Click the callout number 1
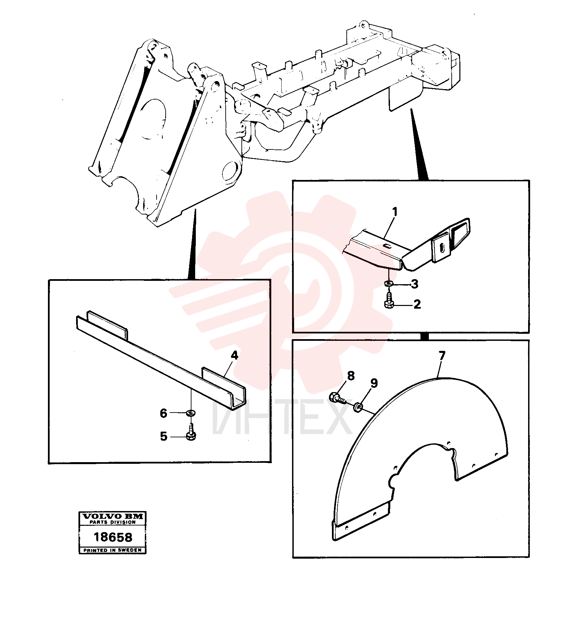point(395,212)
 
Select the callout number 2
point(417,304)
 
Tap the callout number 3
point(415,284)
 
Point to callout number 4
point(234,355)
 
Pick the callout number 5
point(164,436)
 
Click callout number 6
point(163,413)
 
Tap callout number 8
point(351,376)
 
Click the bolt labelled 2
point(389,300)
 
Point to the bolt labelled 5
point(191,431)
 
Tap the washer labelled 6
point(191,413)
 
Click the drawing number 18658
point(113,537)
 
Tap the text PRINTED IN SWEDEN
point(113,550)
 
